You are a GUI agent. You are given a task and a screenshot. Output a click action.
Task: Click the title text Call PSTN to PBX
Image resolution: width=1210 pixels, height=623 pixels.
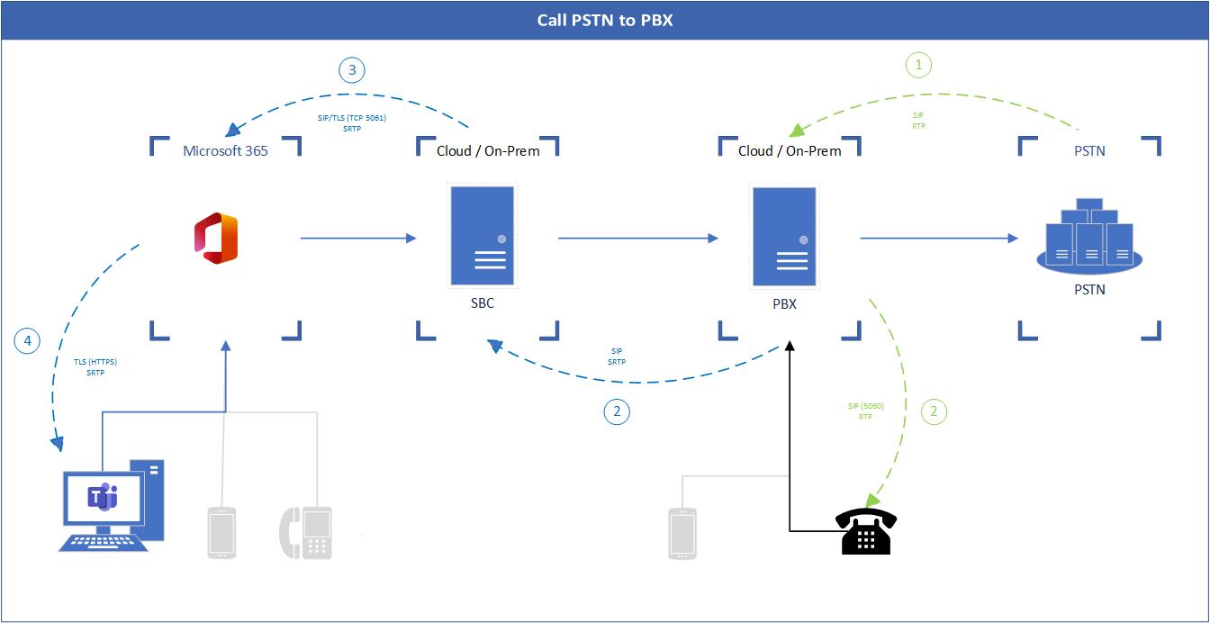click(x=604, y=20)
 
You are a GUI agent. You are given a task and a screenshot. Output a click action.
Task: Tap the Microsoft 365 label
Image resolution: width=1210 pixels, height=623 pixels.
click(x=225, y=150)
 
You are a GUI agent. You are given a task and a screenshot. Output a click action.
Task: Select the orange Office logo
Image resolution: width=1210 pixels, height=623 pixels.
click(x=216, y=239)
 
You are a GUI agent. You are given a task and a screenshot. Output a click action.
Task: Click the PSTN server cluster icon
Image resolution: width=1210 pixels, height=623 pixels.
click(x=1089, y=236)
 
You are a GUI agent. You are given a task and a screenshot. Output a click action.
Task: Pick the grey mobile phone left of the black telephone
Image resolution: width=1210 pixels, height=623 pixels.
click(x=682, y=532)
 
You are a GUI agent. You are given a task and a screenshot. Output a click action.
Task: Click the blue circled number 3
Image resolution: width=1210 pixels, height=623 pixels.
click(x=352, y=71)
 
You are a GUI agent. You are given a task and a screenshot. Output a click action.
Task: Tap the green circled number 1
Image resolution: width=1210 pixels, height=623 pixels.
click(x=918, y=65)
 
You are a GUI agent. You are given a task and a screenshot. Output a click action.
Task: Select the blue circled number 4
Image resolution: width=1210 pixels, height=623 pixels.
click(x=28, y=340)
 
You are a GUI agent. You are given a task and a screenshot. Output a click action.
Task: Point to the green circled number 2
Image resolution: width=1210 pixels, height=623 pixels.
click(x=934, y=411)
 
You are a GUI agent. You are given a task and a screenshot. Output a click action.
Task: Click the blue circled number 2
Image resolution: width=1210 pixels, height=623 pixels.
click(x=617, y=411)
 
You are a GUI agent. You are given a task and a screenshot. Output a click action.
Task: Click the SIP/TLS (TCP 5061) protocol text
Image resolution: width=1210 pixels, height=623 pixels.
click(x=352, y=118)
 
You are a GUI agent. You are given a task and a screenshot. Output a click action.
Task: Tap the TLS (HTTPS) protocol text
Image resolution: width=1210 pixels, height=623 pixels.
click(x=95, y=362)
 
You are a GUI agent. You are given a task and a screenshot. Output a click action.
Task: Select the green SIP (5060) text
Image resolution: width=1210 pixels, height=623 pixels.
click(x=865, y=406)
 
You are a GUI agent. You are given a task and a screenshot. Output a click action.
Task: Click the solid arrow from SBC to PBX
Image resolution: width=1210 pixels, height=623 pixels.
click(x=637, y=239)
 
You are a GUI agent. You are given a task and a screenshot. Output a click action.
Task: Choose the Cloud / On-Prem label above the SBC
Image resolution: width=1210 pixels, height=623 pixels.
click(x=488, y=150)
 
